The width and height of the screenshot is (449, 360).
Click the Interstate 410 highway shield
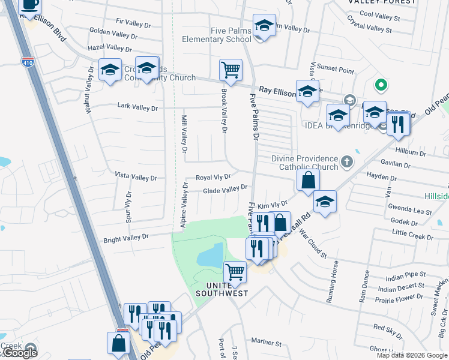tap(27, 61)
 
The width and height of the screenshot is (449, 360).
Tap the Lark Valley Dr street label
tap(138, 108)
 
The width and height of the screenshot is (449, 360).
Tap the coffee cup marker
tap(30, 5)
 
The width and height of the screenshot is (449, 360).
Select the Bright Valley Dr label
tap(125, 238)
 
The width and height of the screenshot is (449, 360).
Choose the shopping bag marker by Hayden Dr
tap(308, 180)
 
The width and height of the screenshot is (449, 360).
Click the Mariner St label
tap(266, 343)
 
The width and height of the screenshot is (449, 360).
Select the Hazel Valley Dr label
tap(109, 48)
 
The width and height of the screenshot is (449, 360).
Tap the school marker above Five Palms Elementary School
tap(264, 26)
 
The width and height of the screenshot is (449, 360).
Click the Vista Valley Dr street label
tap(136, 178)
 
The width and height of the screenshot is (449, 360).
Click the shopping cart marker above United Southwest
tap(235, 272)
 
